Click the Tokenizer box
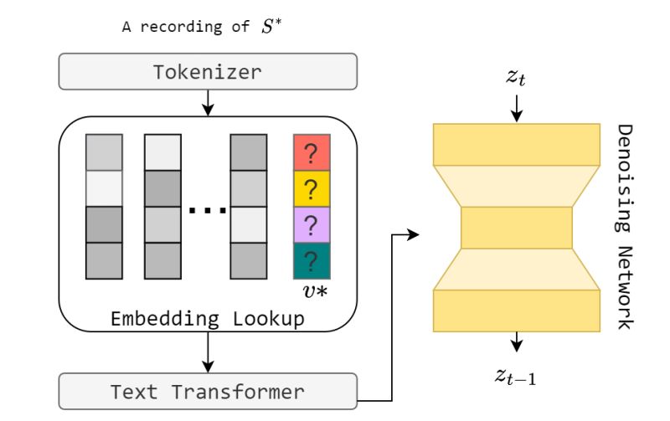[x=207, y=73]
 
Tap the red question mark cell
[x=312, y=153]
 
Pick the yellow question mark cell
[x=312, y=189]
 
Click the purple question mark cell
[x=312, y=224]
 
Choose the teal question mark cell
[x=312, y=260]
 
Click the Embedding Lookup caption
[x=207, y=319]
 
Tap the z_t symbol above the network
[x=516, y=79]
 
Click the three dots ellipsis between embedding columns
[x=205, y=209]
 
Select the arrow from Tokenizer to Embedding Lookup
[x=207, y=102]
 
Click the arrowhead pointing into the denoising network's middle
[x=412, y=235]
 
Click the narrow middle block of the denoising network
[x=517, y=228]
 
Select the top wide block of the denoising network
[x=517, y=145]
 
